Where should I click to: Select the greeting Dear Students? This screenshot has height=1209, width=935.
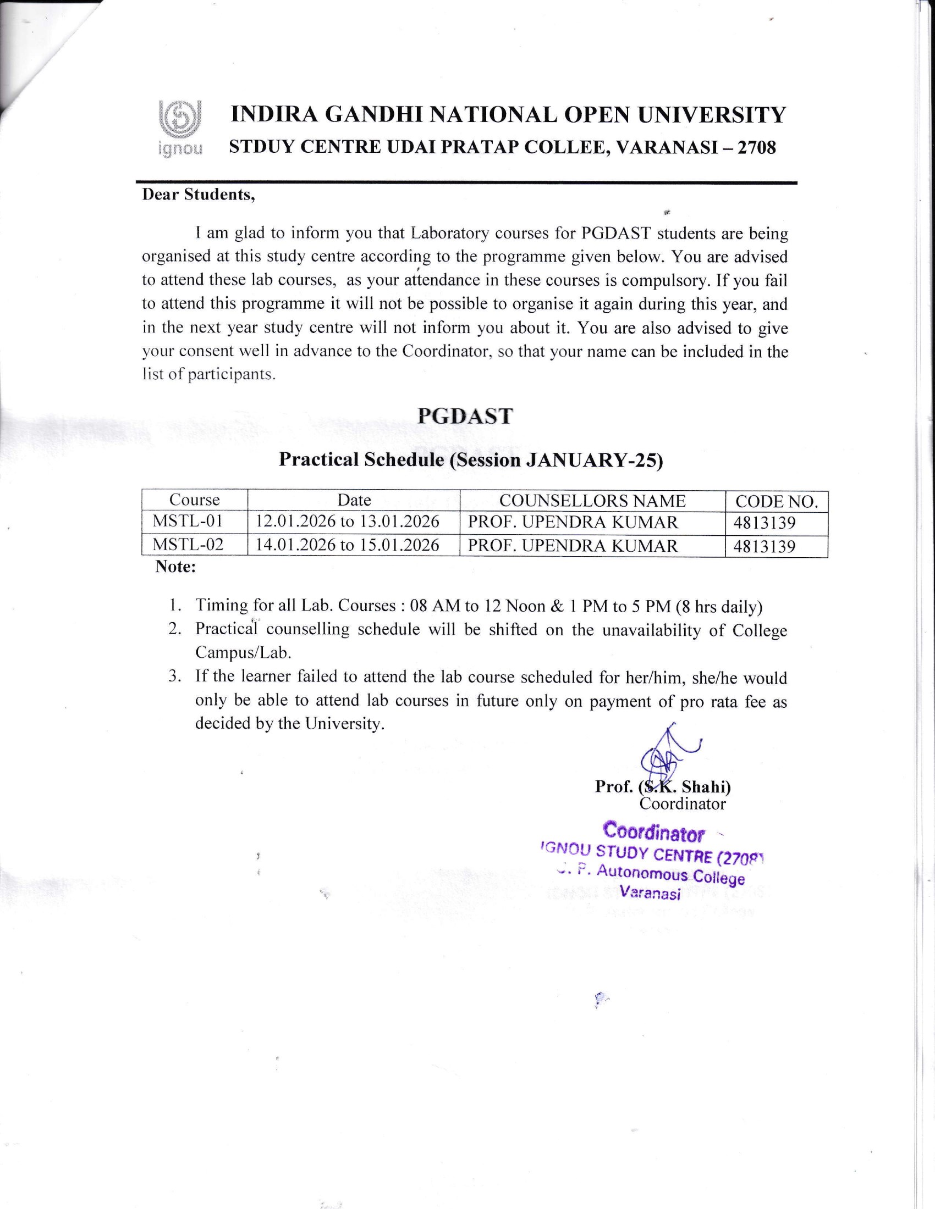pyautogui.click(x=199, y=195)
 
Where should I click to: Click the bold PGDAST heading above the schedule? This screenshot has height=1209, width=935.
pyautogui.click(x=465, y=416)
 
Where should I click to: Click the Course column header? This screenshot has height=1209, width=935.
pyautogui.click(x=194, y=500)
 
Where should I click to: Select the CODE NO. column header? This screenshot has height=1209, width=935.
pyautogui.click(x=776, y=502)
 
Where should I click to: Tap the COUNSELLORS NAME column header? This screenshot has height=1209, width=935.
pyautogui.click(x=592, y=501)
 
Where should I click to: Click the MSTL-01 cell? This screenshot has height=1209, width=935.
pyautogui.click(x=187, y=522)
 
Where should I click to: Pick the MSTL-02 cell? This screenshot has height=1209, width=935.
pyautogui.click(x=188, y=545)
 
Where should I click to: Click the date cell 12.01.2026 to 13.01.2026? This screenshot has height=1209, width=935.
pyautogui.click(x=347, y=522)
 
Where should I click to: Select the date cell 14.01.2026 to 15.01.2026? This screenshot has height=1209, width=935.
pyautogui.click(x=347, y=545)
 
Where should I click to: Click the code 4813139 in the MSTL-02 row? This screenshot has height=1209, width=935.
pyautogui.click(x=765, y=546)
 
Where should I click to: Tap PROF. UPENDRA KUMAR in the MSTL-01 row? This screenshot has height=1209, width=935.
pyautogui.click(x=573, y=522)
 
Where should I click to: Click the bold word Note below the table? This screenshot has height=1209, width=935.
pyautogui.click(x=175, y=567)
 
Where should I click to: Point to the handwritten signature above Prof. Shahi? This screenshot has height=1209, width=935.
pyautogui.click(x=664, y=755)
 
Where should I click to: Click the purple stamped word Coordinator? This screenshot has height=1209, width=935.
pyautogui.click(x=653, y=832)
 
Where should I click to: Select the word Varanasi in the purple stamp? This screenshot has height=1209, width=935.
pyautogui.click(x=650, y=893)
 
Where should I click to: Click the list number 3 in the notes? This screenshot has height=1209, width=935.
pyautogui.click(x=175, y=676)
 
